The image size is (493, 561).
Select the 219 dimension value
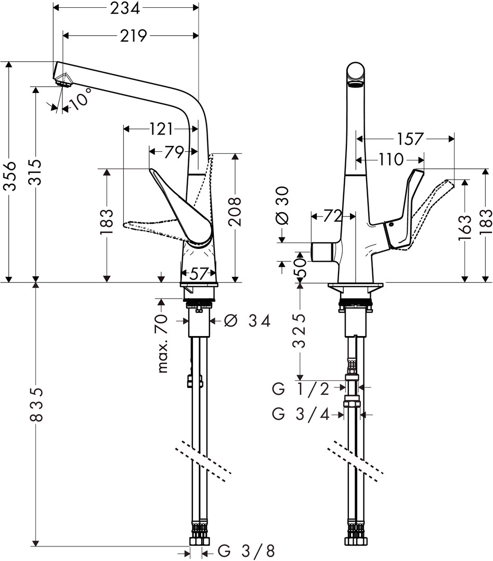pyautogui.click(x=133, y=35)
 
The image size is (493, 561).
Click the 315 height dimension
pyautogui.click(x=35, y=172)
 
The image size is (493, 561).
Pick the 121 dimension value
pyautogui.click(x=160, y=129)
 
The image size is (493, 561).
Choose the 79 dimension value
pyautogui.click(x=174, y=152)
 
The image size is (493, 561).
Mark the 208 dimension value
pyautogui.click(x=236, y=212)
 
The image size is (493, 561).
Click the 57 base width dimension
pyautogui.click(x=198, y=274)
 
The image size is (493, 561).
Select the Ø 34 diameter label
pyautogui.click(x=247, y=320)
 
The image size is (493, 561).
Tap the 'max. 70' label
pyautogui.click(x=163, y=344)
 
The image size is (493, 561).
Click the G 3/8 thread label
pyautogui.click(x=247, y=551)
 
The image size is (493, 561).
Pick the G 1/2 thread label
pyautogui.click(x=301, y=389)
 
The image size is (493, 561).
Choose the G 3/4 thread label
pyautogui.click(x=301, y=415)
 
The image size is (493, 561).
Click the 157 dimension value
pyautogui.click(x=410, y=139)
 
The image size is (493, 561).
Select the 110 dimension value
pyautogui.click(x=392, y=159)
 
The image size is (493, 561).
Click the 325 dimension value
pyautogui.click(x=299, y=331)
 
